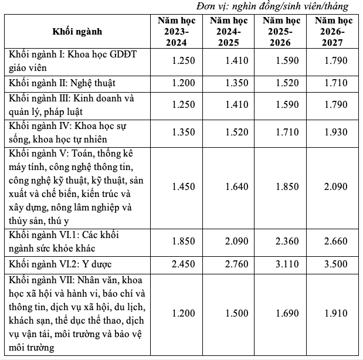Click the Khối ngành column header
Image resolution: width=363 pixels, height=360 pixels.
coord(77,31)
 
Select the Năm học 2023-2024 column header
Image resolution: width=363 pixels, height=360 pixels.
coord(172,31)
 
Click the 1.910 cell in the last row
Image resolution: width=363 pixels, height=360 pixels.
coord(335,314)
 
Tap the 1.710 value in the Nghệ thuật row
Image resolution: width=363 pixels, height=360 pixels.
coord(335,82)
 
